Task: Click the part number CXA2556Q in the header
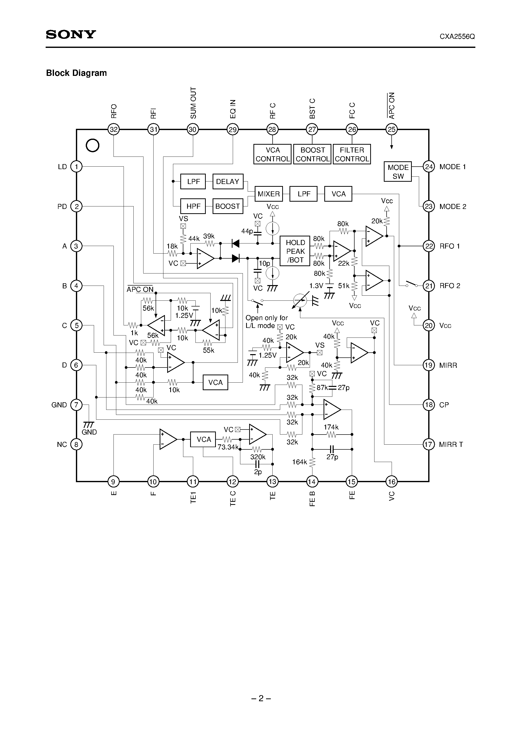pyautogui.click(x=457, y=37)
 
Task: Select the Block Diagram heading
pyautogui.click(x=76, y=73)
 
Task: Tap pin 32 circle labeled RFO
pyautogui.click(x=113, y=130)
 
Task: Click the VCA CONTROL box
pyautogui.click(x=272, y=155)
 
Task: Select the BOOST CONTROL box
pyautogui.click(x=312, y=155)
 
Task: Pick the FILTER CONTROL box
pyautogui.click(x=352, y=155)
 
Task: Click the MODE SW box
pyautogui.click(x=398, y=172)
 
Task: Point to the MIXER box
pyautogui.click(x=269, y=194)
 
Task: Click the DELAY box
pyautogui.click(x=227, y=182)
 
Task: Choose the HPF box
pyautogui.click(x=193, y=206)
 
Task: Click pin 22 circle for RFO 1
pyautogui.click(x=429, y=246)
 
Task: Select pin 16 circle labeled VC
pyautogui.click(x=392, y=481)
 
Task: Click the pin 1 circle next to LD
pyautogui.click(x=76, y=167)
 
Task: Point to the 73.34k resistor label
pyautogui.click(x=228, y=447)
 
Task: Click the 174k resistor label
pyautogui.click(x=331, y=427)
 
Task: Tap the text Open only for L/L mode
pyautogui.click(x=266, y=322)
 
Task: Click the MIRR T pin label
pyautogui.click(x=451, y=445)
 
